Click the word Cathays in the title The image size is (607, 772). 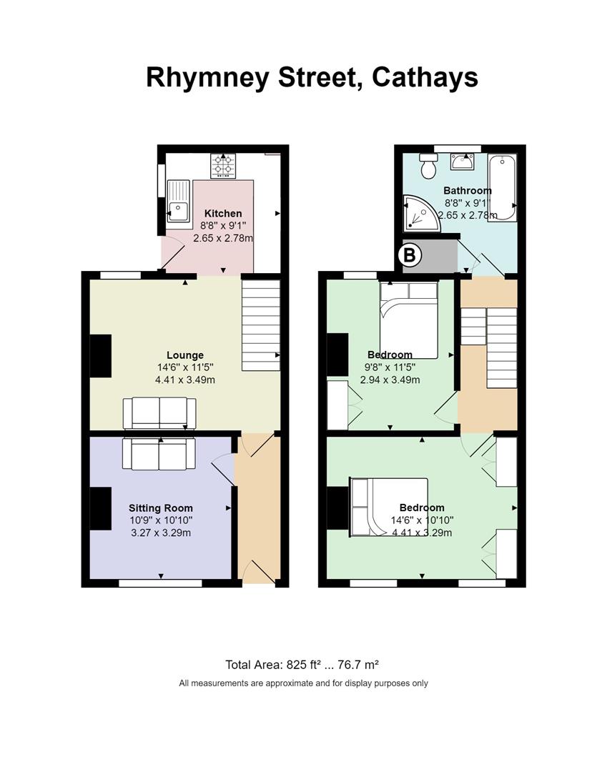tap(425, 78)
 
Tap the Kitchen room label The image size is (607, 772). tap(223, 213)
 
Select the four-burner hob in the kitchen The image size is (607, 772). tap(224, 165)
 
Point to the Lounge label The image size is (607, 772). tap(184, 355)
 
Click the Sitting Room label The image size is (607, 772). tap(160, 508)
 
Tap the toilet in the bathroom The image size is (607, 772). tap(428, 166)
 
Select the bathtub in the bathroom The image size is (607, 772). tap(502, 187)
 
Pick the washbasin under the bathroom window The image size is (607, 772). tap(462, 161)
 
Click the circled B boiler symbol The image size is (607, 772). tap(409, 255)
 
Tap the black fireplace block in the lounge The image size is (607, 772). tap(100, 356)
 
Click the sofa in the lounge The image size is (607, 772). tap(159, 414)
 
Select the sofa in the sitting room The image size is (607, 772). tap(159, 453)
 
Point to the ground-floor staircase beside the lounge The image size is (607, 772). tap(261, 325)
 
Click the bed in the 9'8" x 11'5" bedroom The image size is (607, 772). tap(409, 320)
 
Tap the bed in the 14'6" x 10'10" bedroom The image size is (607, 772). tap(388, 507)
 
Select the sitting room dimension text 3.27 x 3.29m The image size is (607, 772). tap(160, 533)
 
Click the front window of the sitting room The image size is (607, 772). tap(160, 583)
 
